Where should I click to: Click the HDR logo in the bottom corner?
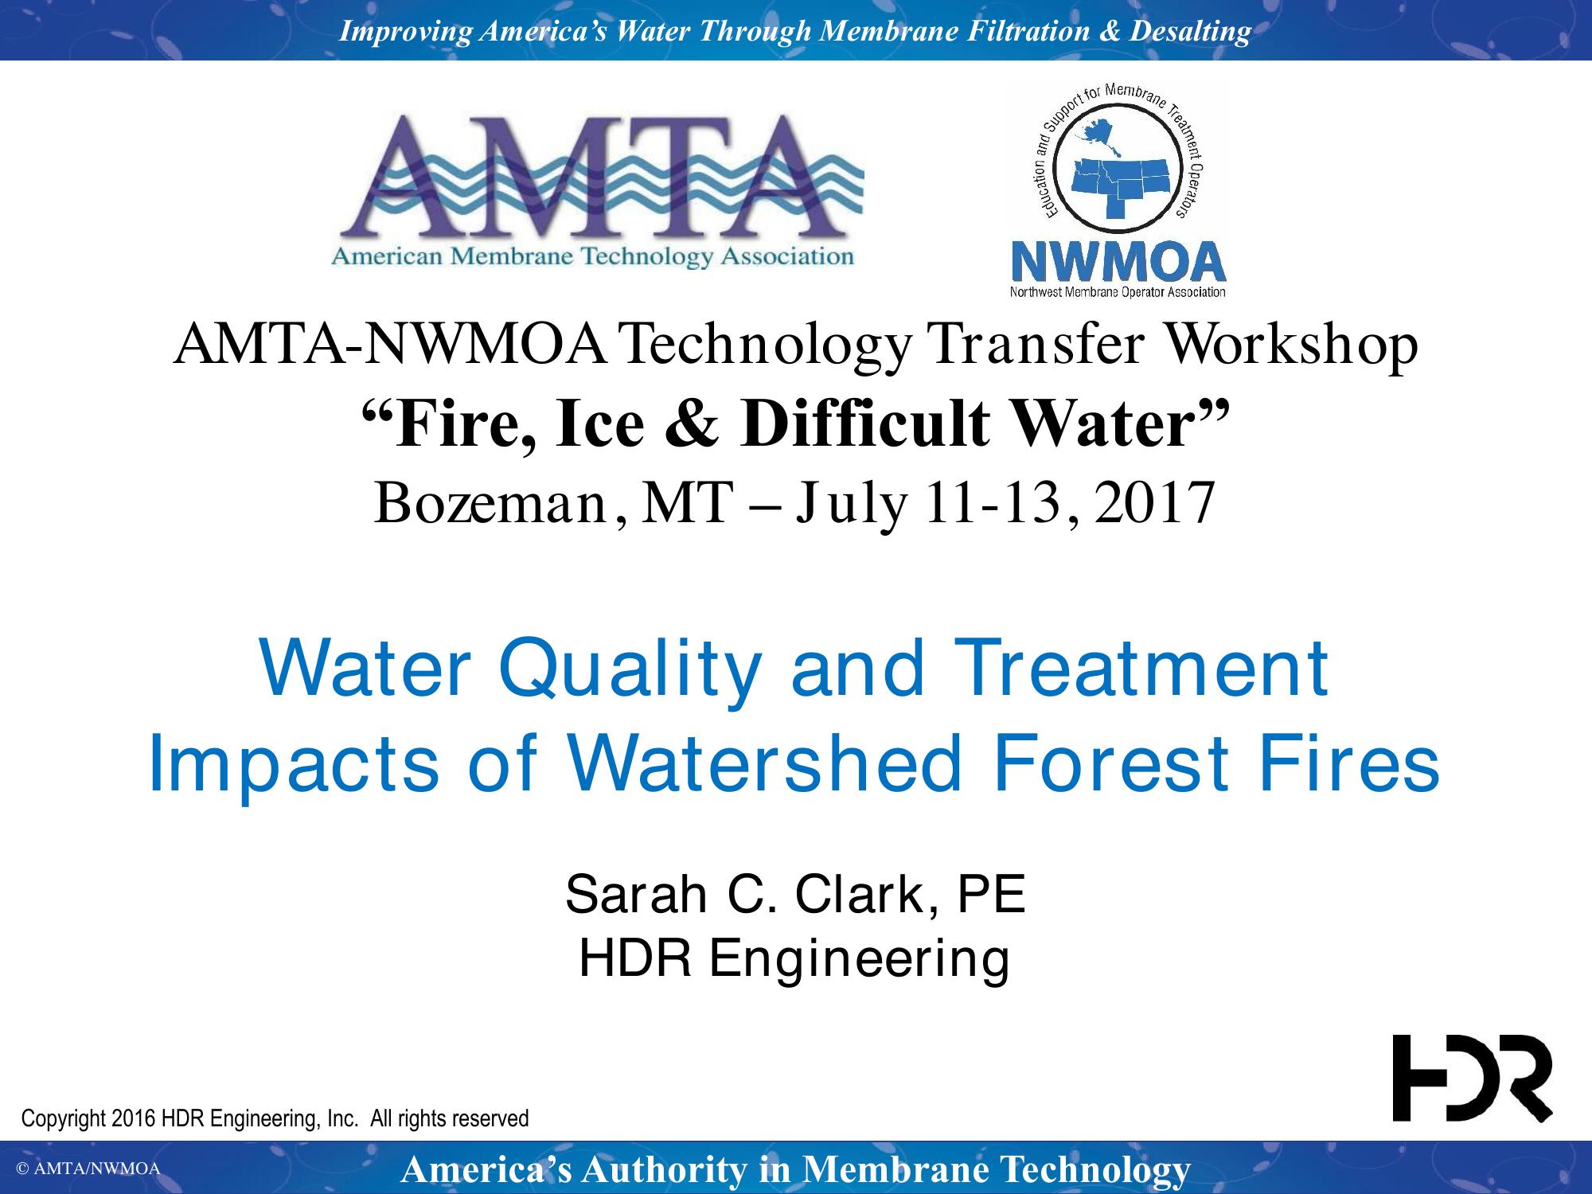[x=1472, y=1079]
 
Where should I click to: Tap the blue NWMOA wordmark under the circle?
[x=1118, y=262]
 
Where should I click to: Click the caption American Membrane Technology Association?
[x=592, y=257]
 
